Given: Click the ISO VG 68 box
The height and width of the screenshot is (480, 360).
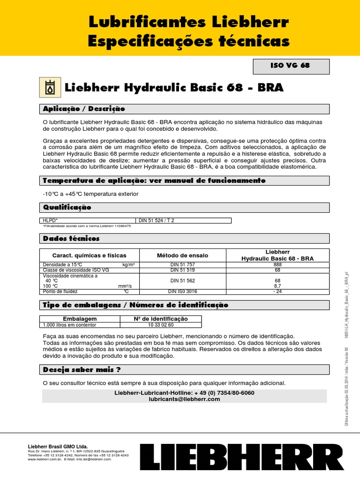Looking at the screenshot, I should [291, 66].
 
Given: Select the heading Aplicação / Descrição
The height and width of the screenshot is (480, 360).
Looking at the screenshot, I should [84, 109].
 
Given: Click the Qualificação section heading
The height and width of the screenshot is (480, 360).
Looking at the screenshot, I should [67, 207].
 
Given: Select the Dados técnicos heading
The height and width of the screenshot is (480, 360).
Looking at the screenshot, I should [71, 239].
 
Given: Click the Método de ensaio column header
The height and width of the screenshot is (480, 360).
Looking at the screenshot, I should [182, 255].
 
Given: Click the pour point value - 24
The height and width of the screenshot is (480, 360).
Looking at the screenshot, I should [277, 292].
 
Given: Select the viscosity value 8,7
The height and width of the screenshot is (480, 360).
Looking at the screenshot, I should [277, 285].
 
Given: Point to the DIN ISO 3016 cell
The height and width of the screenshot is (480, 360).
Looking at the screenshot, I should [182, 292].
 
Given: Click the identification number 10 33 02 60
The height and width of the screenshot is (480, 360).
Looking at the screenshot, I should [161, 324].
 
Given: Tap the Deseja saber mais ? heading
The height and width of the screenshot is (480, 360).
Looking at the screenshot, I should [82, 370].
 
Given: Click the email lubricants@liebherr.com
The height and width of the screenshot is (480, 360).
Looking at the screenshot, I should [184, 399].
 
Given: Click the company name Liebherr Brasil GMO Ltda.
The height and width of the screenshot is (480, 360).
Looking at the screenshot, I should [58, 447].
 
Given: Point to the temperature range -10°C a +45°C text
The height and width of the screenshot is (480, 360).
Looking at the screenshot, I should [90, 194].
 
